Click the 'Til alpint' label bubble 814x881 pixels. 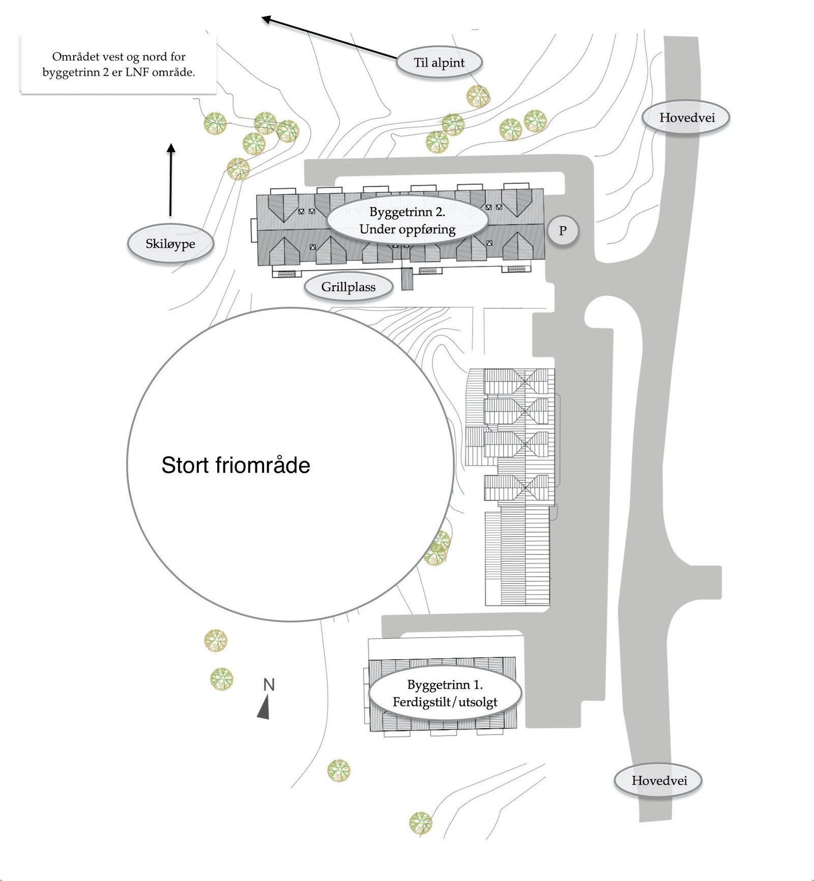(439, 63)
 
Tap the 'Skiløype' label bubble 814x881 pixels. (170, 244)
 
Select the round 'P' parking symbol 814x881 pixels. (563, 230)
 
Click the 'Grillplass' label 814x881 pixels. (348, 287)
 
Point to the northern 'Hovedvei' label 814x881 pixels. (687, 118)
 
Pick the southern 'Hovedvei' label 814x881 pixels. (659, 780)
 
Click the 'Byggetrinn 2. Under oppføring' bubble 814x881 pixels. (407, 220)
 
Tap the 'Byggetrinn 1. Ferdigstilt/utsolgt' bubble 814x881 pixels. (445, 693)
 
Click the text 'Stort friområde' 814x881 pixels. (236, 465)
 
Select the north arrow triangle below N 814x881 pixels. (264, 709)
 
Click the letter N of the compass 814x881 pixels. (269, 685)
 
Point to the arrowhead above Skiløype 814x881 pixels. (171, 148)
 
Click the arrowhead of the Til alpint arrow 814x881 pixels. (266, 19)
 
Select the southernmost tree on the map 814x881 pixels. (421, 822)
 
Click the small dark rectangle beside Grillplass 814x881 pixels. (407, 279)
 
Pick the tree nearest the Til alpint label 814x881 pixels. (478, 96)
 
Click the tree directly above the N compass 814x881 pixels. (222, 679)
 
